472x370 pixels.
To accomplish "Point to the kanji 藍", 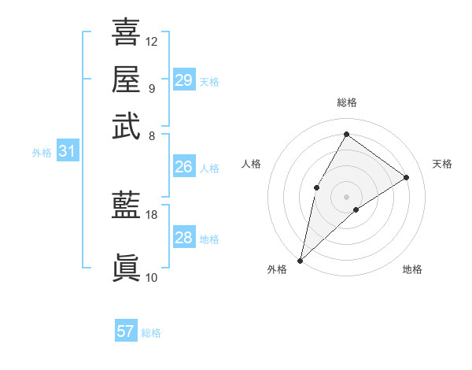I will click(126, 205).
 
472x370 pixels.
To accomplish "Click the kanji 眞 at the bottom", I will click(126, 267).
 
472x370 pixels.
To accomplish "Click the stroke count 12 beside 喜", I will click(152, 41).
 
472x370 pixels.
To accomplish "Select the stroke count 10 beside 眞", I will click(152, 277).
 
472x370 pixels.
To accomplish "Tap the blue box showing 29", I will click(184, 80).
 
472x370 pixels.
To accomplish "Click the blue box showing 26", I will click(184, 167).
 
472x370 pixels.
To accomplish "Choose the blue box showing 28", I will click(184, 238).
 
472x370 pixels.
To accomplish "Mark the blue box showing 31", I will click(67, 152).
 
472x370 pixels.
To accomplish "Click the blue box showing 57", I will click(126, 331).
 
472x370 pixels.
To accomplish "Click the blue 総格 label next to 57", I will click(151, 333).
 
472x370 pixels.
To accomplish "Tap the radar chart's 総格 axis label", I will click(347, 103).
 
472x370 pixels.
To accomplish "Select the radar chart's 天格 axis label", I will click(442, 164).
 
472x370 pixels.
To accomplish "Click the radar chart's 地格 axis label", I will click(412, 270).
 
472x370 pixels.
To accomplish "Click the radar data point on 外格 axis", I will click(301, 260).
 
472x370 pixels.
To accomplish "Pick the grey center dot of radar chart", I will click(346, 195).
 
